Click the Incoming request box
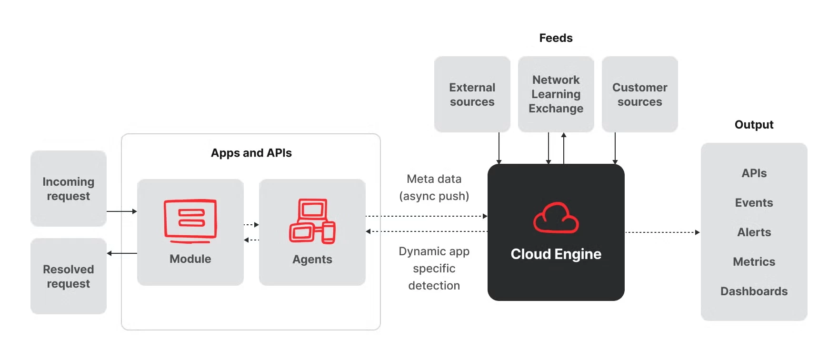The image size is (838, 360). [x=69, y=189]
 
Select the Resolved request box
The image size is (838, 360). [x=69, y=276]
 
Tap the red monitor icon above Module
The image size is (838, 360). [x=190, y=220]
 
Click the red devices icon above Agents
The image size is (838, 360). [x=312, y=221]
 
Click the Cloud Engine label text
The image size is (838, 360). [x=556, y=254]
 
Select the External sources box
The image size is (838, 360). [x=472, y=94]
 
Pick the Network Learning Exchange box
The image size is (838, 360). [x=556, y=94]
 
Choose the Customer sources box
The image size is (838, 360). [x=640, y=94]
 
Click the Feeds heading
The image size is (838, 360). [x=556, y=38]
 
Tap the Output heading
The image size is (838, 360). [x=754, y=125]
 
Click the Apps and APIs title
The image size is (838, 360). [x=251, y=153]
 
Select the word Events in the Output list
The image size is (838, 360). [x=754, y=203]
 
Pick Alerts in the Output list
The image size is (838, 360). [x=754, y=232]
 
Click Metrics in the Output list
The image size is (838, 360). [x=754, y=262]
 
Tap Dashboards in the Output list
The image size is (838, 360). [x=754, y=291]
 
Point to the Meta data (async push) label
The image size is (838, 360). [x=434, y=188]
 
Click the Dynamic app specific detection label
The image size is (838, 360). [x=434, y=269]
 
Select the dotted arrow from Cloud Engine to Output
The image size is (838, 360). [x=662, y=232]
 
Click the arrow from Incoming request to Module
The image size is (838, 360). [x=121, y=211]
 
